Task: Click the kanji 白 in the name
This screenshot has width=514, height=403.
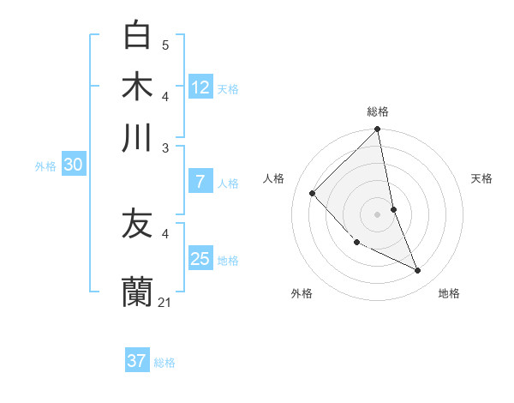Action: pyautogui.click(x=137, y=35)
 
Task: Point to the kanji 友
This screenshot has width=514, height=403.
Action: pyautogui.click(x=137, y=224)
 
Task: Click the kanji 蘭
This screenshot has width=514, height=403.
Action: pyautogui.click(x=137, y=292)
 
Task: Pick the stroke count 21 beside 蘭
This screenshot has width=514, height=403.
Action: pyautogui.click(x=165, y=302)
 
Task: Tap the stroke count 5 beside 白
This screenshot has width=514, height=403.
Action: pyautogui.click(x=165, y=45)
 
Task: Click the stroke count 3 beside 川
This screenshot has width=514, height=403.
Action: pyautogui.click(x=165, y=147)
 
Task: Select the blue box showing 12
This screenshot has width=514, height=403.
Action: pyautogui.click(x=200, y=87)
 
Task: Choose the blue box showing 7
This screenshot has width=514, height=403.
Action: pyautogui.click(x=200, y=182)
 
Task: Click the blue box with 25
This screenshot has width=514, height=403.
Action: pyautogui.click(x=200, y=259)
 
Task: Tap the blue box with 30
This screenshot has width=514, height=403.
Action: pyautogui.click(x=73, y=165)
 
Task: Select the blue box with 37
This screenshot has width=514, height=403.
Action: pyautogui.click(x=137, y=361)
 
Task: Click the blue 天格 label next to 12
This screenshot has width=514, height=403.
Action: pyautogui.click(x=228, y=89)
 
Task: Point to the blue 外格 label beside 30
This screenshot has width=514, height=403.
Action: pyautogui.click(x=45, y=167)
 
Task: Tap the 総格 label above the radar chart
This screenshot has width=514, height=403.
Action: pyautogui.click(x=378, y=111)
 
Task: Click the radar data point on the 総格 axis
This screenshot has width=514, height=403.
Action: pyautogui.click(x=377, y=130)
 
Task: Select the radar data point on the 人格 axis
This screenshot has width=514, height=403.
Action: pyautogui.click(x=313, y=194)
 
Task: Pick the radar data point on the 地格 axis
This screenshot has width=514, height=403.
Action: pyautogui.click(x=418, y=271)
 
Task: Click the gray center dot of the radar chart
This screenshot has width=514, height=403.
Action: pyautogui.click(x=377, y=214)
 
